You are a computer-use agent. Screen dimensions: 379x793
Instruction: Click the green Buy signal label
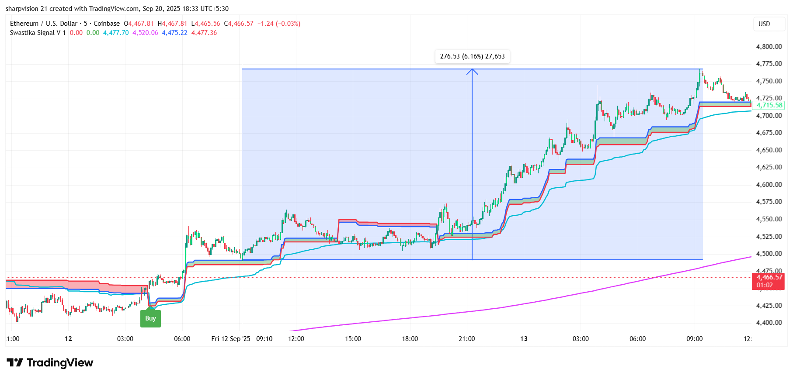coord(150,318)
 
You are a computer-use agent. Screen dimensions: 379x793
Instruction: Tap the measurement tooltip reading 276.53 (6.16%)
coord(472,56)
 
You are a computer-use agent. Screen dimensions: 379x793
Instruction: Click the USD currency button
coord(764,24)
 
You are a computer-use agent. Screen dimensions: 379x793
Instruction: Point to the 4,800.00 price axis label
coord(769,47)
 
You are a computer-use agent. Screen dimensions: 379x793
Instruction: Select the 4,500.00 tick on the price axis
coord(769,254)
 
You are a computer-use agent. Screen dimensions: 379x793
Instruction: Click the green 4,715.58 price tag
coord(769,105)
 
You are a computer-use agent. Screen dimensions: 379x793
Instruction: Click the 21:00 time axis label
coord(467,339)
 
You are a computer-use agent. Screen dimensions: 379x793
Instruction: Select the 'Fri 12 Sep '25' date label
coord(230,339)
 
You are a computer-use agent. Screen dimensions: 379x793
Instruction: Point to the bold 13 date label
coord(524,339)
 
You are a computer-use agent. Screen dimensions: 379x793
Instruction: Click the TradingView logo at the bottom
coord(50,363)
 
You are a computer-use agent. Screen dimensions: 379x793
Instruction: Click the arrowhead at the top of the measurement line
coord(472,71)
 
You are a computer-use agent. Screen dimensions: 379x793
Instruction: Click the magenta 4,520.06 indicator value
coord(145,33)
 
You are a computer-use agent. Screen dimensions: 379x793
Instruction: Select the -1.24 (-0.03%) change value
coord(279,24)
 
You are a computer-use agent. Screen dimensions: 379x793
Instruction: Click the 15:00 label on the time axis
coord(353,339)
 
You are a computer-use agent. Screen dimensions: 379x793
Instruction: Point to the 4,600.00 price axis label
coord(769,185)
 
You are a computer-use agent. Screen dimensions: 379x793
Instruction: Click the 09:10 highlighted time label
coord(264,339)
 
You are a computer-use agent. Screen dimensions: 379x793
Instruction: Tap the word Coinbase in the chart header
coord(107,24)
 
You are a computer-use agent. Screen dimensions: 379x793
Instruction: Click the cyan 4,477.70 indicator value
coord(116,33)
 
